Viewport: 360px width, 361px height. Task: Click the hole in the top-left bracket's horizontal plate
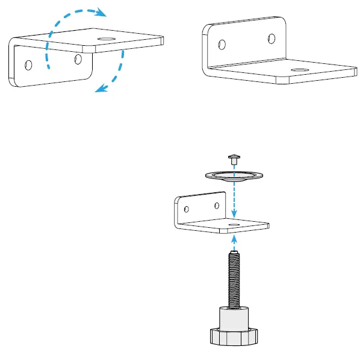[x=107, y=39]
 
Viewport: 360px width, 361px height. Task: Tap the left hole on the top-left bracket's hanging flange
[x=27, y=63]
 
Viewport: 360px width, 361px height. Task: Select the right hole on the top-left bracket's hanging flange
[x=78, y=59]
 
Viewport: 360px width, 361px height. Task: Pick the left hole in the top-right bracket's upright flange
[x=222, y=45]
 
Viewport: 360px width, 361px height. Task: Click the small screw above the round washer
[x=234, y=159]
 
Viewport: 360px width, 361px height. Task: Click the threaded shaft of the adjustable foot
[x=235, y=280]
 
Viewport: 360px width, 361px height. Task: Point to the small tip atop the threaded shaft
[x=235, y=252]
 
